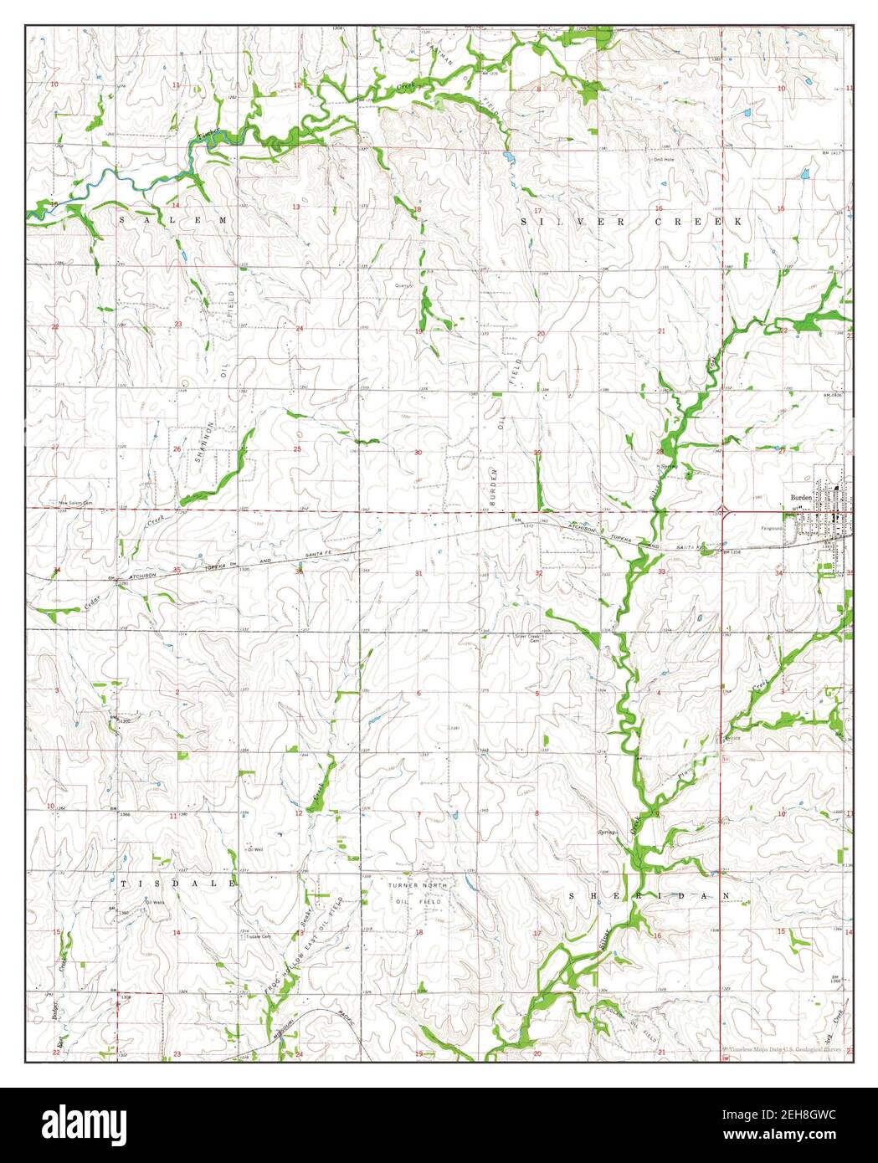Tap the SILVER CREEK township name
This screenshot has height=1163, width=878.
[x=631, y=222]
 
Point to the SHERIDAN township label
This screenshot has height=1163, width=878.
[x=650, y=895]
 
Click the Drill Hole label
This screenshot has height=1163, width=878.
[x=664, y=159]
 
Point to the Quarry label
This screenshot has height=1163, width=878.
[x=405, y=284]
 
